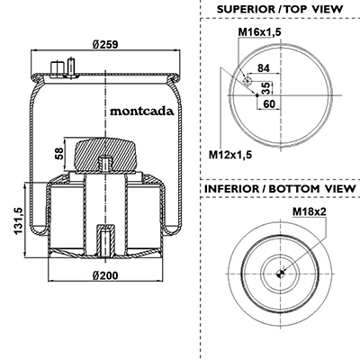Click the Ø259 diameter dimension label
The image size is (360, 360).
105,44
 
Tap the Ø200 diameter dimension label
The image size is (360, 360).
105,274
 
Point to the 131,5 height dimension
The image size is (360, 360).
18,221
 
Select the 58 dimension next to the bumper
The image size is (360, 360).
59,154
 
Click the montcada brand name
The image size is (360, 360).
142,112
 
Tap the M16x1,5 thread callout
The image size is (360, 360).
260,31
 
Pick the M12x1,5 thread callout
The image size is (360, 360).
230,155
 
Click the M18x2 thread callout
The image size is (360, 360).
310,211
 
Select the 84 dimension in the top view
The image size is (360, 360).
264,68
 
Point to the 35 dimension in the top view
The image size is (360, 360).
265,88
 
